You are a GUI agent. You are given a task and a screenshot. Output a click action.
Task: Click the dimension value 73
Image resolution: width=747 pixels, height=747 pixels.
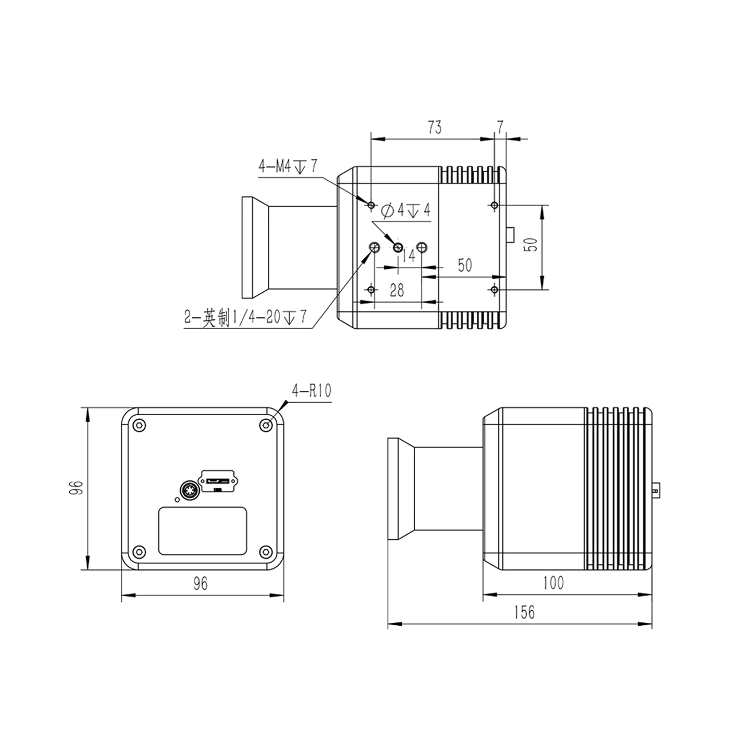tap(435, 127)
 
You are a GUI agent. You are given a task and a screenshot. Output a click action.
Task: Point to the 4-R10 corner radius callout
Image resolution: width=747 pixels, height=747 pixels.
tap(311, 391)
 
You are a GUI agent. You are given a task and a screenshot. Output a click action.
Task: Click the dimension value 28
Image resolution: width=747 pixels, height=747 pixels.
tap(397, 290)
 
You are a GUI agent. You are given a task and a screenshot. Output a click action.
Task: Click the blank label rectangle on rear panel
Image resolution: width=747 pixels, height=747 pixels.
tap(202, 531)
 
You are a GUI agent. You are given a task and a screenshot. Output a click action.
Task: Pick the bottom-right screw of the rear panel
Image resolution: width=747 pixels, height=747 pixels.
tap(266, 551)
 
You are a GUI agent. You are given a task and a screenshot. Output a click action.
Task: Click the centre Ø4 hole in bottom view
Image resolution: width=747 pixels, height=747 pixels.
tap(398, 247)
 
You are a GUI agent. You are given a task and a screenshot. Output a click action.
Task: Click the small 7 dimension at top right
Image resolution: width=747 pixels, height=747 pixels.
tap(500, 127)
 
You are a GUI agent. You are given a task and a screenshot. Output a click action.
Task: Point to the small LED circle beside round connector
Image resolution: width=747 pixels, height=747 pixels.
tap(177, 499)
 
